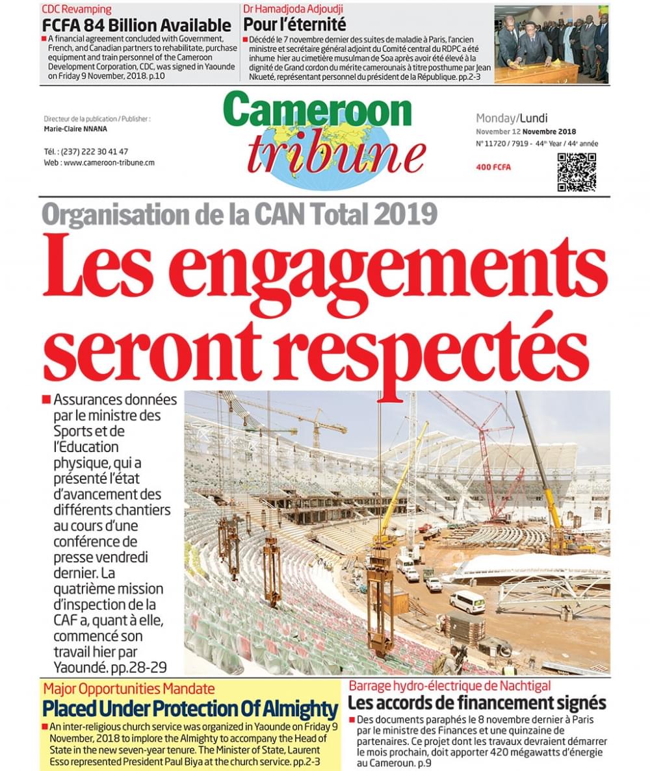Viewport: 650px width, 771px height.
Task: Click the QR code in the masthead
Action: pos(576,172)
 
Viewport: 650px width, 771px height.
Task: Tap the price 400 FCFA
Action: pos(493,168)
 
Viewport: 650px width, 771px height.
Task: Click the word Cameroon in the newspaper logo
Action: pos(318,110)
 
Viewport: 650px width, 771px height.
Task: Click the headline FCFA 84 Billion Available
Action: pos(136,25)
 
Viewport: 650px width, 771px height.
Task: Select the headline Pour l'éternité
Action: pos(294,25)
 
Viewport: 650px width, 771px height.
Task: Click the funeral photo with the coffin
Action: pos(551,44)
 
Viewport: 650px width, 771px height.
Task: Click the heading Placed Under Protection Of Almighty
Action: pos(190,709)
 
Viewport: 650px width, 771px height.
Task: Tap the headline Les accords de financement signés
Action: pos(477,703)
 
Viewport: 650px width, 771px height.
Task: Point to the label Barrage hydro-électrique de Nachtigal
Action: pos(450,686)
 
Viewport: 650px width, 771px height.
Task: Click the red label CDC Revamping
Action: pos(76,10)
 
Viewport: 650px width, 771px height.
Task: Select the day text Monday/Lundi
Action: pos(512,118)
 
